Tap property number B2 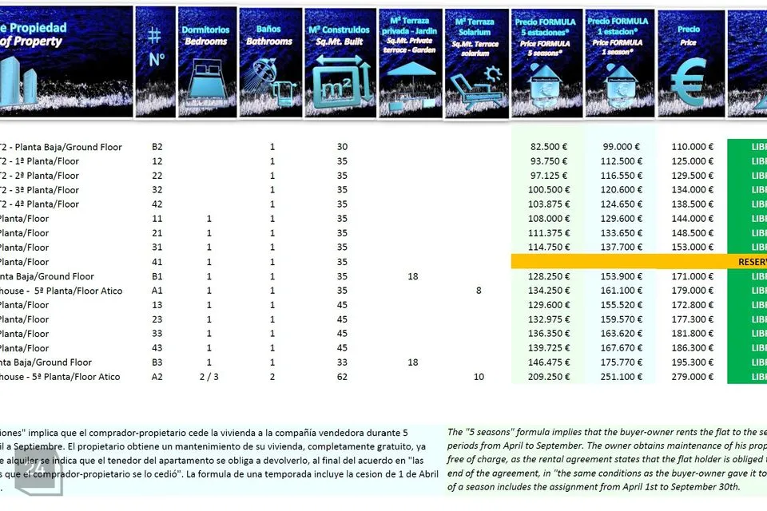157,147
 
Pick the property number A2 157,377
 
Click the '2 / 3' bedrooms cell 208,377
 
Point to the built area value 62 342,377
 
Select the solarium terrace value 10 479,377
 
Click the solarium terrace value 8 479,291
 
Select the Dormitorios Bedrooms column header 206,36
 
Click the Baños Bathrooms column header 269,36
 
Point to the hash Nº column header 156,48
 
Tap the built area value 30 342,147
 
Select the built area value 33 342,362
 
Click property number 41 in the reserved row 157,262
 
